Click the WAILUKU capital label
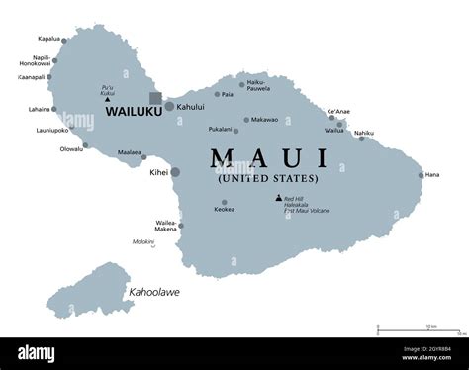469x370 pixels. [x=134, y=113]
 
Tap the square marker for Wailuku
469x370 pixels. [x=155, y=98]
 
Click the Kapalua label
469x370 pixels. [x=48, y=39]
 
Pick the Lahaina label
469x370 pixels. [x=40, y=110]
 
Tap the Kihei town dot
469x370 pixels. [x=175, y=172]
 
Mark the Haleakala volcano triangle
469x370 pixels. [x=278, y=198]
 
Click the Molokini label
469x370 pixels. [x=144, y=240]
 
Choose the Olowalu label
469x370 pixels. [x=70, y=149]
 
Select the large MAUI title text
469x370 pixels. [x=267, y=157]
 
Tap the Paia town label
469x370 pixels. [x=227, y=95]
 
